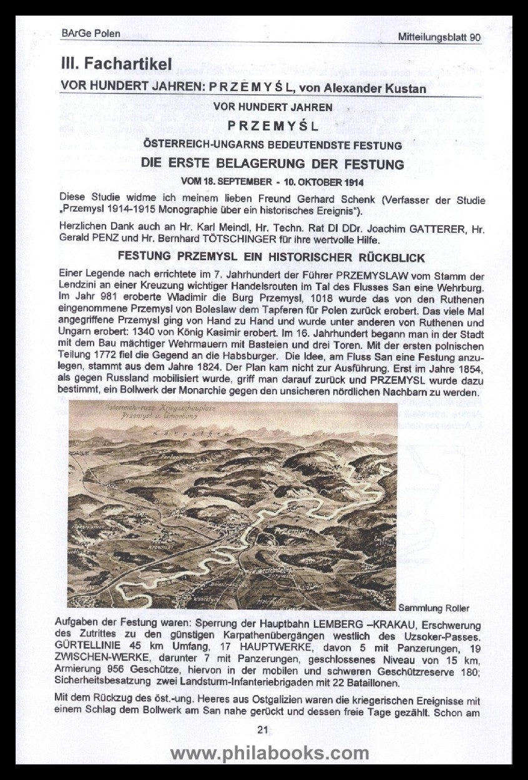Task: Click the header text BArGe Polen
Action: click(x=91, y=33)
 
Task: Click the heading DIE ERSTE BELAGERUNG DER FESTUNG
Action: click(x=272, y=165)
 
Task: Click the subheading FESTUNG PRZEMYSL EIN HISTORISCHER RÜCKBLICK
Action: click(x=271, y=258)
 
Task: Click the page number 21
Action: click(x=263, y=730)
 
